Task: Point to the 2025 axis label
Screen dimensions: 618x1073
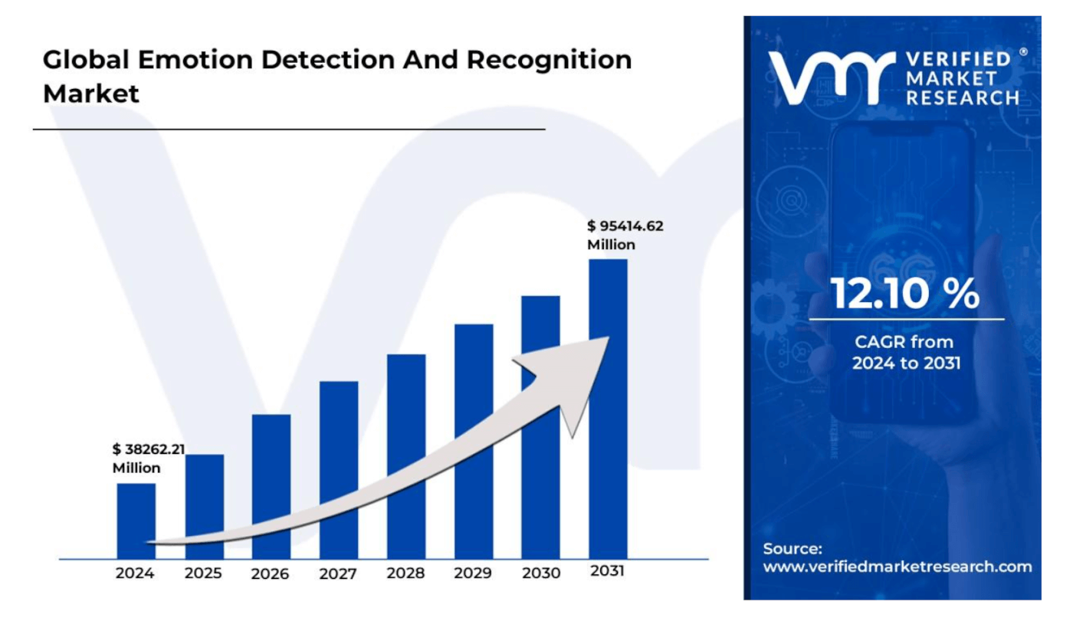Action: pyautogui.click(x=204, y=574)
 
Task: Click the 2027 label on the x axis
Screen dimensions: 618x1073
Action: pyautogui.click(x=339, y=574)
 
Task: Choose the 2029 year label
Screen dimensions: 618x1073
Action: pyautogui.click(x=473, y=574)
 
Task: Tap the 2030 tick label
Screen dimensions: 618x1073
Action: pyautogui.click(x=540, y=574)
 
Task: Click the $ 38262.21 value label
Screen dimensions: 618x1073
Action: pyautogui.click(x=149, y=449)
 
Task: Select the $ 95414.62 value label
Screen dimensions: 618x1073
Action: pyautogui.click(x=625, y=226)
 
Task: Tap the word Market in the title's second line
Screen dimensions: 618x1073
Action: pyautogui.click(x=91, y=94)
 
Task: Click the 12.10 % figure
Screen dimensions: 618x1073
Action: pyautogui.click(x=905, y=294)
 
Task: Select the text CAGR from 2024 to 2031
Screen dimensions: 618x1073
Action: pyautogui.click(x=905, y=352)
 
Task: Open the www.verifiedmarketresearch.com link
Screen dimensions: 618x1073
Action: pyautogui.click(x=897, y=567)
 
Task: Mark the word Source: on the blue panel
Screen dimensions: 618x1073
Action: pyautogui.click(x=792, y=548)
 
